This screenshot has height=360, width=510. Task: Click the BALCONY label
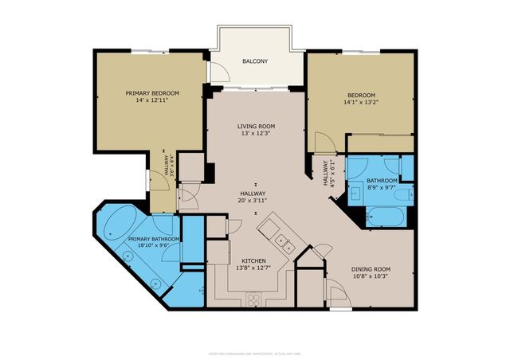pos(256,61)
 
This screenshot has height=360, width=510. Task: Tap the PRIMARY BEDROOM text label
pos(152,93)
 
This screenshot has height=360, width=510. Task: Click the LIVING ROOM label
pos(256,127)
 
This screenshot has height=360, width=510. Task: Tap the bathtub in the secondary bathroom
pos(386,213)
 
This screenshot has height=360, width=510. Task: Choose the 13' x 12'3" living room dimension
pos(256,134)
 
